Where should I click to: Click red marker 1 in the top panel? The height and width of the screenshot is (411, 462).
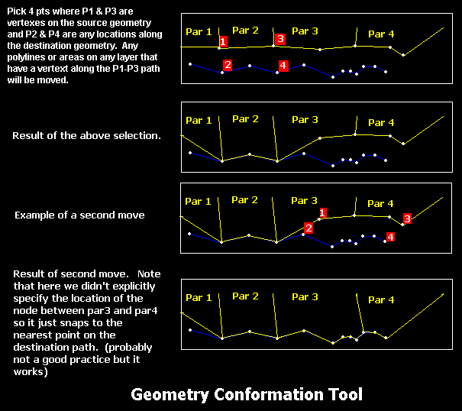[x=223, y=41]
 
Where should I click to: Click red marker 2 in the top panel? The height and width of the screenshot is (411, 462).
[x=228, y=65]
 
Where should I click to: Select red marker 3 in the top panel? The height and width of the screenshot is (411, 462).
[x=280, y=39]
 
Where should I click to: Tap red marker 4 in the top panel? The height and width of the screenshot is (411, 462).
[x=283, y=66]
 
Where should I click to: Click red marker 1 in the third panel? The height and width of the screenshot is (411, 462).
[x=322, y=212]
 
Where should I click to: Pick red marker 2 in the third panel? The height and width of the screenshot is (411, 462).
[x=309, y=228]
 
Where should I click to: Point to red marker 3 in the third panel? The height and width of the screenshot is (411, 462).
[x=407, y=218]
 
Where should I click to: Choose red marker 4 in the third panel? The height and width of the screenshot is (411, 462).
[x=390, y=237]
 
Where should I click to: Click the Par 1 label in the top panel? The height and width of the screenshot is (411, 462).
[x=199, y=31]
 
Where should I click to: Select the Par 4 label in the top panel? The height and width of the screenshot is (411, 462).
[x=381, y=34]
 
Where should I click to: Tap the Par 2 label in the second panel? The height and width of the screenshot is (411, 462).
[x=245, y=119]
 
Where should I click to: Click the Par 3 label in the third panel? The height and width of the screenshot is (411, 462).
[x=305, y=200]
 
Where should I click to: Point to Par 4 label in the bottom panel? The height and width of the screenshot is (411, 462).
[x=381, y=300]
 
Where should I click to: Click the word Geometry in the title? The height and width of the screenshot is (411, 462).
[x=170, y=395]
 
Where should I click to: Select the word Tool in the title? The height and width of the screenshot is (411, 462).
[x=346, y=394]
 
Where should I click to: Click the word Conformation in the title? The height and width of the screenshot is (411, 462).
[x=270, y=394]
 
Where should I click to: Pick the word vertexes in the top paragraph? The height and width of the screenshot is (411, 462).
[x=22, y=23]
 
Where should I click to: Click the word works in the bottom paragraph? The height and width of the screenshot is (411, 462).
[x=29, y=372]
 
